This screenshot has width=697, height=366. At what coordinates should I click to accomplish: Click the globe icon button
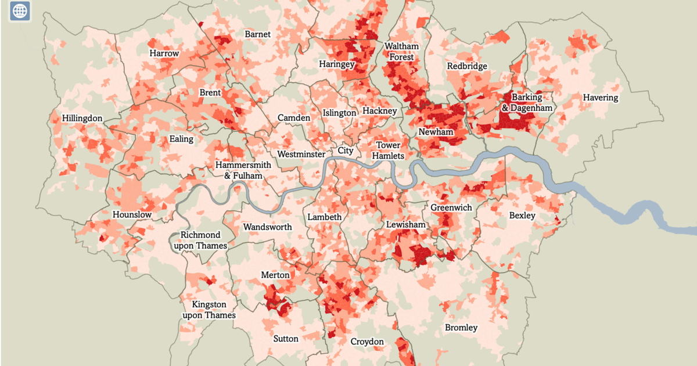click(20, 11)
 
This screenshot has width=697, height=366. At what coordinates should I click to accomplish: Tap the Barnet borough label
click(257, 34)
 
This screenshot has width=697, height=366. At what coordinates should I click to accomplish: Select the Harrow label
click(164, 53)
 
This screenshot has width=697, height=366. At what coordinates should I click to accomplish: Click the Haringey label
click(336, 64)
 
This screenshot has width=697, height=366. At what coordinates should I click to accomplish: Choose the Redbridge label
click(467, 66)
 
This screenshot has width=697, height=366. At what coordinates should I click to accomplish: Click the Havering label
click(601, 98)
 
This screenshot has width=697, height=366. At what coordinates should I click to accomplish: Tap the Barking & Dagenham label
click(527, 103)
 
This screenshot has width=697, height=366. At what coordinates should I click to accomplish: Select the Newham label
click(436, 132)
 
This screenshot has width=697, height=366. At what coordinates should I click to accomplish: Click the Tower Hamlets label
click(387, 150)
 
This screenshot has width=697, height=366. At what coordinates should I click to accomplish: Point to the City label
click(346, 151)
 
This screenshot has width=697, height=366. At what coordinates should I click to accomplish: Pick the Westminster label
click(301, 155)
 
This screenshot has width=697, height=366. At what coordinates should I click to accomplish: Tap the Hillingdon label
click(82, 119)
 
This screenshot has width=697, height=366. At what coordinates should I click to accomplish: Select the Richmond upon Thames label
click(200, 241)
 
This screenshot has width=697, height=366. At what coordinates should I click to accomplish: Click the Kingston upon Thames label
click(209, 310)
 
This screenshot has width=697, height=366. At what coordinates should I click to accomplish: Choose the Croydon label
click(367, 342)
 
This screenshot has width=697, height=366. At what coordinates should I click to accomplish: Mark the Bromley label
click(461, 328)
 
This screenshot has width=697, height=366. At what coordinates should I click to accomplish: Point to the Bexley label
click(522, 216)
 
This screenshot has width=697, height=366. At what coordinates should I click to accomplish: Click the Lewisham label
click(406, 225)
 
